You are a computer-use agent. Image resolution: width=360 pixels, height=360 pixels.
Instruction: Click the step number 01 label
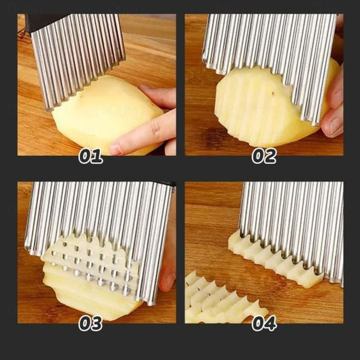pyautogui.click(x=91, y=156)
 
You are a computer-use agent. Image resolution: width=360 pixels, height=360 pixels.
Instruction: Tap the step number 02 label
pyautogui.click(x=264, y=156)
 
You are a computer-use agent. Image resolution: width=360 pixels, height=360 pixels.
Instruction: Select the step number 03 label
pyautogui.click(x=91, y=323)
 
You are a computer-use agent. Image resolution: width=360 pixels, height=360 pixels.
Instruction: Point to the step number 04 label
pyautogui.click(x=264, y=323)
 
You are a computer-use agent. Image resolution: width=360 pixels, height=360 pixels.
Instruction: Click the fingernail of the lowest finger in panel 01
pyautogui.click(x=116, y=149)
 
